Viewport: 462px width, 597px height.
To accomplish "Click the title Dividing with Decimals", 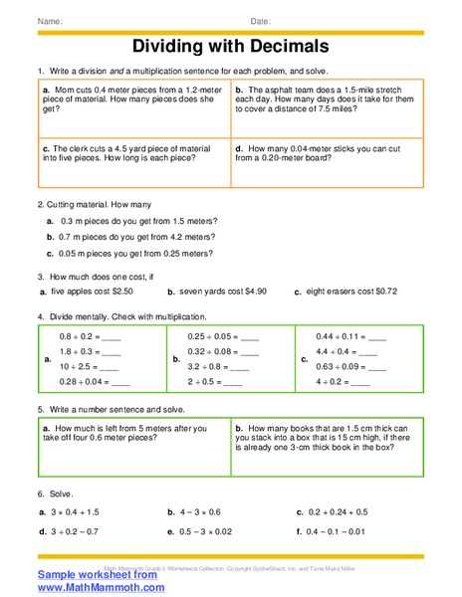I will pyautogui.click(x=230, y=47).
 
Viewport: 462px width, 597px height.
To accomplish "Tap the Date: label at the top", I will pyautogui.click(x=260, y=21).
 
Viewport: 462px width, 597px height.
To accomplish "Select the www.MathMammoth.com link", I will pyautogui.click(x=102, y=588).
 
